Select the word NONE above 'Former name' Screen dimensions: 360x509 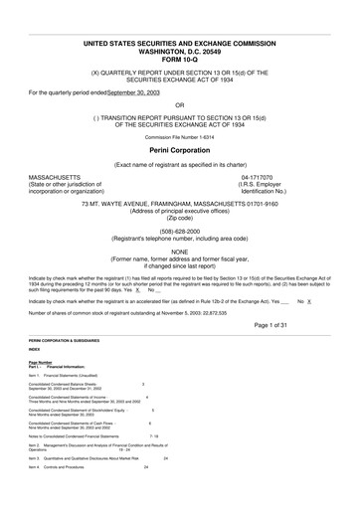pos(179,252)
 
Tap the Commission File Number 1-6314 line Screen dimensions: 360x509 pos(179,135)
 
